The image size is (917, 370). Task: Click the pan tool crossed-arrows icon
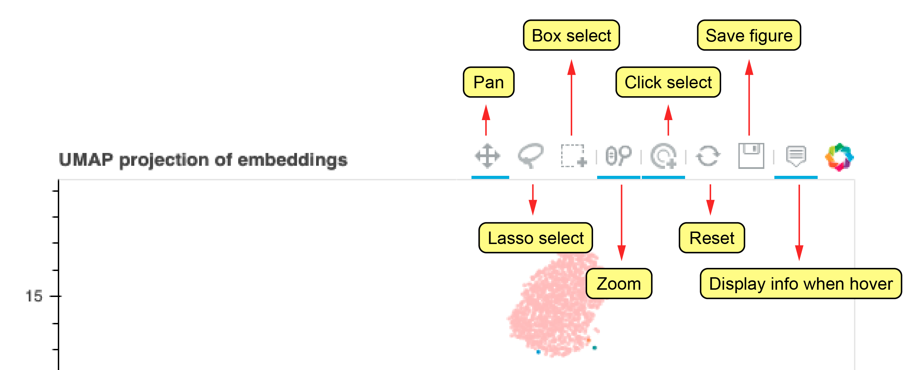487,156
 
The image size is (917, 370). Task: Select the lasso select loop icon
530,155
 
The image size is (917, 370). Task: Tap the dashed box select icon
573,156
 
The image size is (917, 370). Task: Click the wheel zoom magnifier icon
618,156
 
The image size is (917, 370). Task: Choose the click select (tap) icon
663,156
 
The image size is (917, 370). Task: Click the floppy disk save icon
751,156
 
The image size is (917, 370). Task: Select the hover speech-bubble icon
795,156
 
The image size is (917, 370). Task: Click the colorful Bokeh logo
839,157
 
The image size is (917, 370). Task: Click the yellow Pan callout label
488,82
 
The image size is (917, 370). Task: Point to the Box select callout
571,36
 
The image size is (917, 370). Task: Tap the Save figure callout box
749,36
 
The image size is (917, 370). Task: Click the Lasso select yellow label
536,238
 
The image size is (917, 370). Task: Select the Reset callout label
711,238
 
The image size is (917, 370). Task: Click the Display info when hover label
801,284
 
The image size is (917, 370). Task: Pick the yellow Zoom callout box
618,284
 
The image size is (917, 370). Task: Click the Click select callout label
668,82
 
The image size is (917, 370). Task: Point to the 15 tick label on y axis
34,296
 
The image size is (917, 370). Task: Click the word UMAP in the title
86,160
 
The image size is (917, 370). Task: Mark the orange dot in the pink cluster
589,340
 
